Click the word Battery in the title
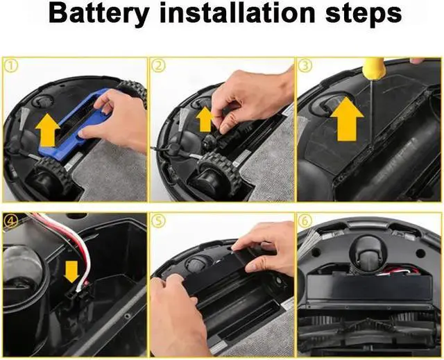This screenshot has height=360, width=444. [99, 14]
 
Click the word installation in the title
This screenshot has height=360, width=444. [237, 12]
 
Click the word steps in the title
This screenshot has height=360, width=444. [364, 14]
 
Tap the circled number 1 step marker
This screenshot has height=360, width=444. [11, 66]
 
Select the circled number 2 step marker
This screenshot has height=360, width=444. [158, 66]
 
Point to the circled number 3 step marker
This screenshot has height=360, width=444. [305, 66]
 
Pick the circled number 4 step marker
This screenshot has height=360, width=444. [11, 221]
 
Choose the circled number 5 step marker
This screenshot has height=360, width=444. [158, 221]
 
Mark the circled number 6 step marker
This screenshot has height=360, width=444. [305, 221]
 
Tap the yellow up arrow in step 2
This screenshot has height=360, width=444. [205, 119]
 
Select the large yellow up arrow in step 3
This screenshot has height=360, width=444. [347, 119]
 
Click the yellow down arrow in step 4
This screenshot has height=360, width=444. [71, 271]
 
